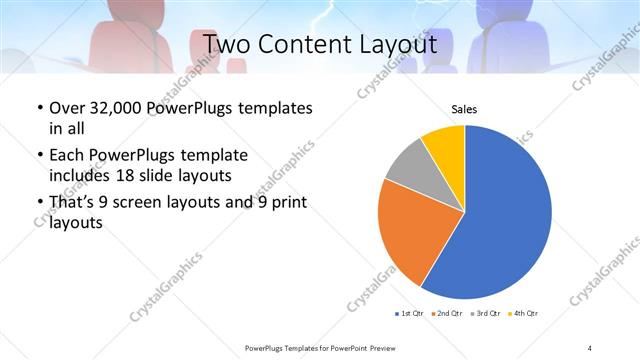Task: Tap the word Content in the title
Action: pyautogui.click(x=305, y=44)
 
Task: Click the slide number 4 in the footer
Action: pyautogui.click(x=590, y=347)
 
